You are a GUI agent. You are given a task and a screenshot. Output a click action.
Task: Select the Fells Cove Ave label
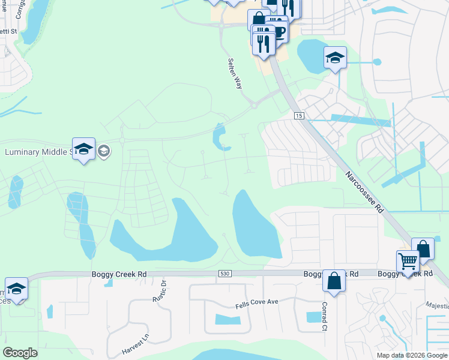click(x=257, y=302)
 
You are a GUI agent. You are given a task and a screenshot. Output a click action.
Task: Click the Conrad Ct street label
click(x=324, y=307)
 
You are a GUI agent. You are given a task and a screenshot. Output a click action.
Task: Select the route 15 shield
click(x=299, y=115)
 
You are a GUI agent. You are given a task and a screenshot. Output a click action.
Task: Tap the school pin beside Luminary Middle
click(x=83, y=149)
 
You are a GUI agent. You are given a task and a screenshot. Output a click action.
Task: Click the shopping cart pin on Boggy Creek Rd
click(x=408, y=262)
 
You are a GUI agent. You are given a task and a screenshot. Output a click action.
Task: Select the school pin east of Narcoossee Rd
click(x=335, y=58)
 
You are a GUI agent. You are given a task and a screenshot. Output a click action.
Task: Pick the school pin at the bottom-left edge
click(x=16, y=289)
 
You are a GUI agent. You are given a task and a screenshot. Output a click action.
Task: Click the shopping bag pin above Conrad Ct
click(x=333, y=280)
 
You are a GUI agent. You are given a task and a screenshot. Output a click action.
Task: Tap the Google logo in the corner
click(x=20, y=353)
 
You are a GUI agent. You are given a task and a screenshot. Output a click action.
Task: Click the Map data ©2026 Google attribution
click(x=412, y=355)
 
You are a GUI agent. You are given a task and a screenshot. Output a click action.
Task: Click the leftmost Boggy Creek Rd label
click(x=119, y=274)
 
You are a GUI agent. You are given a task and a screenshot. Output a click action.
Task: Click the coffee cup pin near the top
click(x=279, y=30)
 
